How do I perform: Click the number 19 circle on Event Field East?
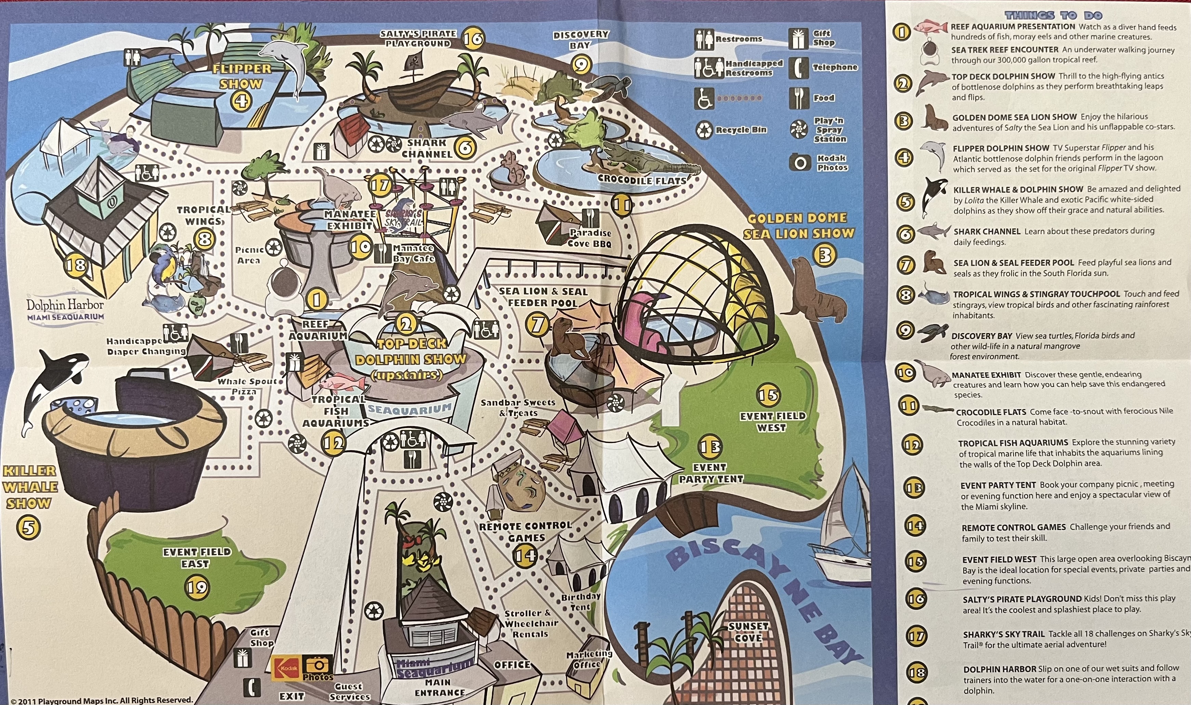point(197,588)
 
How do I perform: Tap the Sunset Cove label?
point(749,632)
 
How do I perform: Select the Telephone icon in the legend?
point(799,67)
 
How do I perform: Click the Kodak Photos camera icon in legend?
point(800,163)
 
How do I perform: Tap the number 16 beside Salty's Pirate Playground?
point(473,38)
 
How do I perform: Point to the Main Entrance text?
point(440,688)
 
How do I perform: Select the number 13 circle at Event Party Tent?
point(710,447)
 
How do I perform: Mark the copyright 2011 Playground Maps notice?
point(101,700)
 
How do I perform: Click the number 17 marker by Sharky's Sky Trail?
point(380,185)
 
